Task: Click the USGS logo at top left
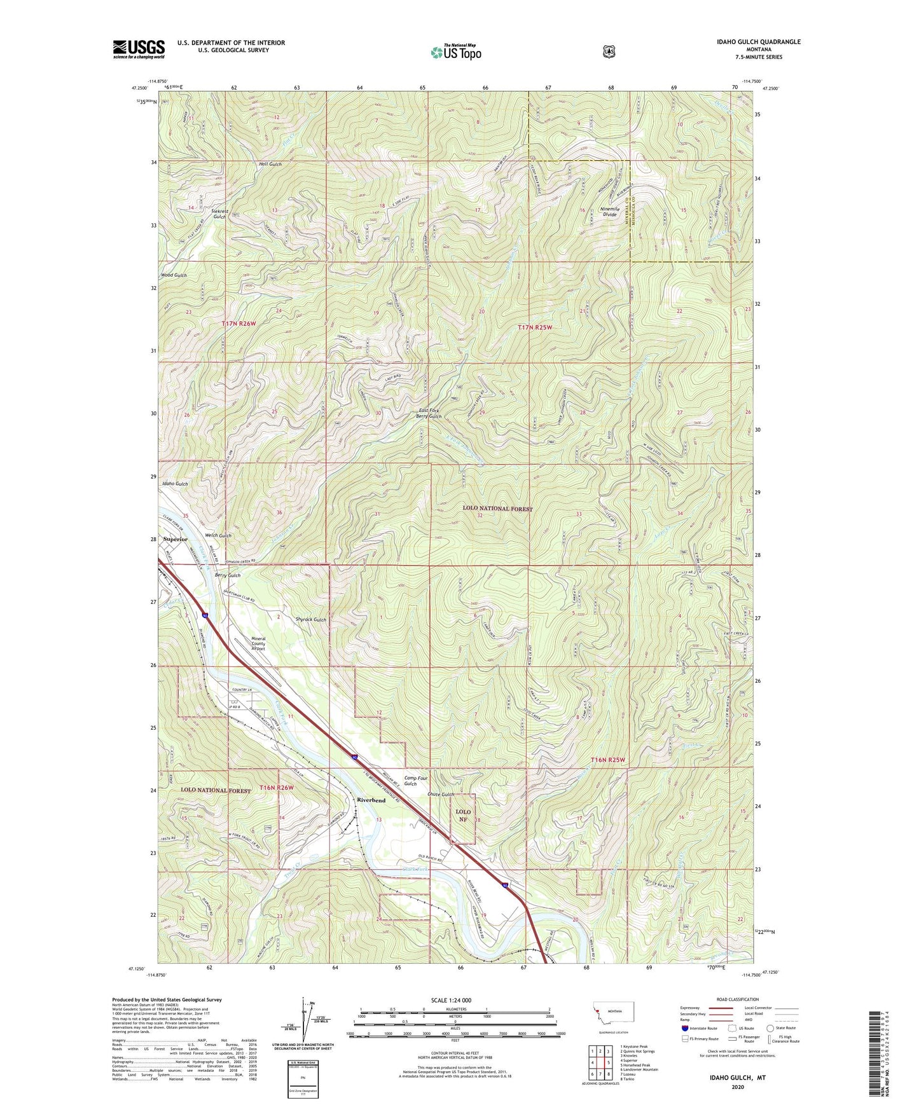[139, 49]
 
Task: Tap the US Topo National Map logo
[456, 52]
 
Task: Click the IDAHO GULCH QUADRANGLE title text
[755, 42]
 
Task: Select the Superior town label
[175, 539]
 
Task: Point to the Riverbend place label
[371, 800]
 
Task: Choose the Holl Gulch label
[270, 164]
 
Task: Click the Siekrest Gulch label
[219, 213]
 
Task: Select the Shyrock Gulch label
[310, 619]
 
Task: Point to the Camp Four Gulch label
[417, 781]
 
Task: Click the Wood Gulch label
[174, 275]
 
